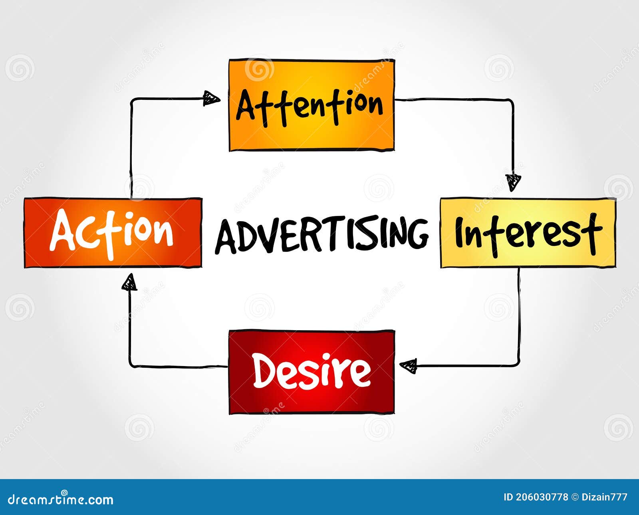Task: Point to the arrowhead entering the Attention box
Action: point(211,98)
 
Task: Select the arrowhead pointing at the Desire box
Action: point(408,365)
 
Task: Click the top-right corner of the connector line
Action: point(512,100)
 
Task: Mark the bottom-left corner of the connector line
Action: point(130,365)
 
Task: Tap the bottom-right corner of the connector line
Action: point(518,364)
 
